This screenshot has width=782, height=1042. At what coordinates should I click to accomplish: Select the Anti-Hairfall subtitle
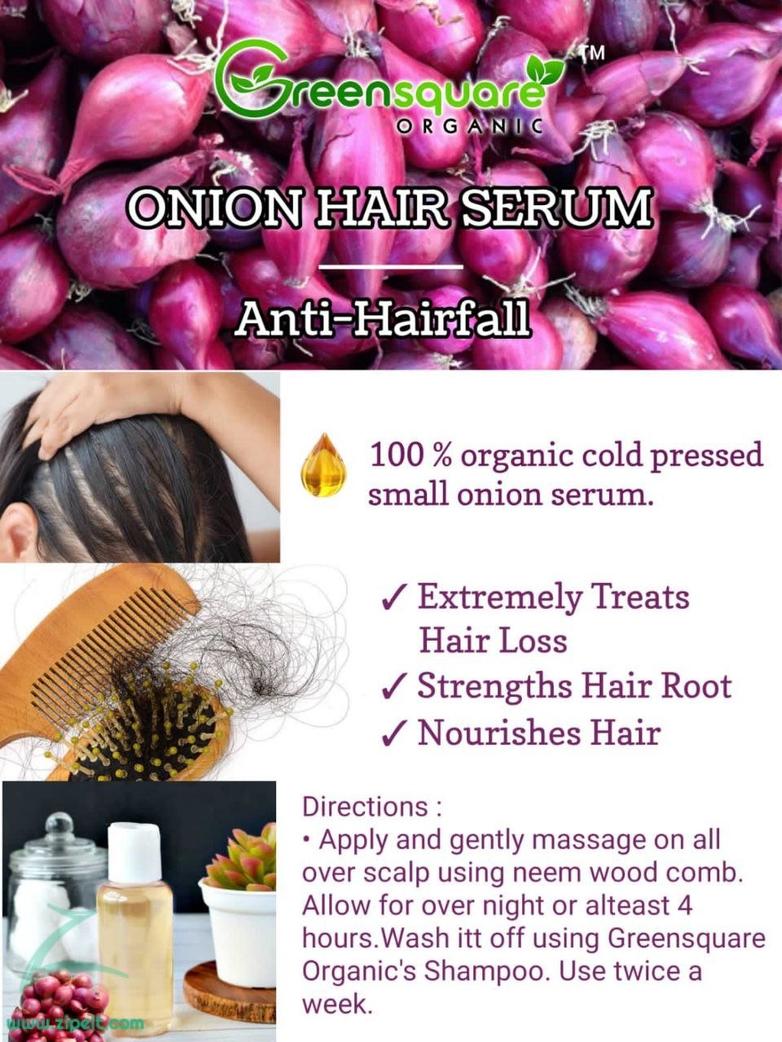(383, 319)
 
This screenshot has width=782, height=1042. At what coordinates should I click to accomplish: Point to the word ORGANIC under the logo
(469, 126)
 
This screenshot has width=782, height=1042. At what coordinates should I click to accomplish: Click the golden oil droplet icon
(324, 465)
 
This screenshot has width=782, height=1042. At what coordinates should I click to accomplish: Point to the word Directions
(365, 807)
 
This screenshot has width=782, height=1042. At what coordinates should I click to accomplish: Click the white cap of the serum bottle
(134, 853)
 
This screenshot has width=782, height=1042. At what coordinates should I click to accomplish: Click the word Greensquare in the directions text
(687, 939)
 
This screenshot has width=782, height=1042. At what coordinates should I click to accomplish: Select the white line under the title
(391, 267)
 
